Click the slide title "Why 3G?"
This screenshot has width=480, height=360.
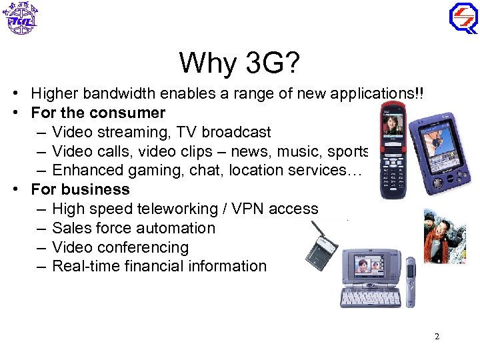point(239,63)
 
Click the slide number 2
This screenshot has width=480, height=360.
point(437,337)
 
